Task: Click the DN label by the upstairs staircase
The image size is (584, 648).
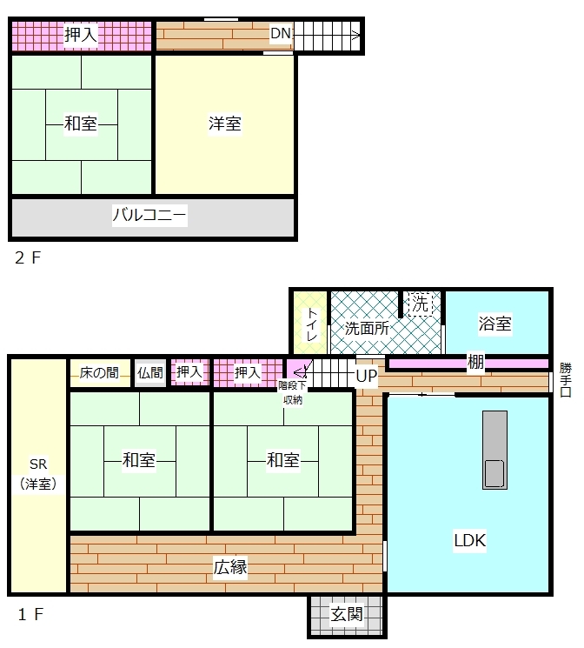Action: point(281,33)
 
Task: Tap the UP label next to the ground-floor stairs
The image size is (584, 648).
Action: point(367,376)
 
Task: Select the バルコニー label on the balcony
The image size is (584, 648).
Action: point(149,215)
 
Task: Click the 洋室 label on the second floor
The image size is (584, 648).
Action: point(225,124)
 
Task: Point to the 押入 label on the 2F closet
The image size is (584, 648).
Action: point(81,34)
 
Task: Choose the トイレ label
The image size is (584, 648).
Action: point(311,324)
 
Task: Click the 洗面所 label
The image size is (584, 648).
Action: point(367,329)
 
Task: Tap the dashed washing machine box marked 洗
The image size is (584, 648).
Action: point(421,304)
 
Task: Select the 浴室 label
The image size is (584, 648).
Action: point(494,324)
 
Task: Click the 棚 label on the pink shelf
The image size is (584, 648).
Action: point(475,363)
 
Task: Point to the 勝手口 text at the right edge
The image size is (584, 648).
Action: point(566,380)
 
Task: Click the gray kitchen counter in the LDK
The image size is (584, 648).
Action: point(494,450)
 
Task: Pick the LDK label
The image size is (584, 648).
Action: point(469,540)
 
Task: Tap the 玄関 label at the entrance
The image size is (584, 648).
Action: point(347,615)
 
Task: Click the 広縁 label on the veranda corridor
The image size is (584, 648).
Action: point(230,567)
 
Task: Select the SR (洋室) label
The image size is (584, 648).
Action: point(38,474)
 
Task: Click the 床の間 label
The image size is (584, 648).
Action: point(99,373)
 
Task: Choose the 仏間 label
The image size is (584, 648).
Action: point(150,373)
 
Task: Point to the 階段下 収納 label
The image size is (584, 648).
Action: point(292,392)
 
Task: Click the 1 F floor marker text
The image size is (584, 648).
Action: point(30,615)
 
